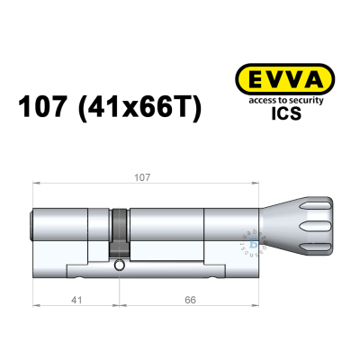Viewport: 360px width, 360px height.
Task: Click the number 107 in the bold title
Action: point(48,108)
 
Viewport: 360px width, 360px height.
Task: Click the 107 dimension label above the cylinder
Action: point(139,178)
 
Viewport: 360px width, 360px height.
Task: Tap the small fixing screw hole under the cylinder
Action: point(120,266)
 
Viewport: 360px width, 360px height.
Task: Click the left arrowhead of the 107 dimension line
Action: point(36,187)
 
